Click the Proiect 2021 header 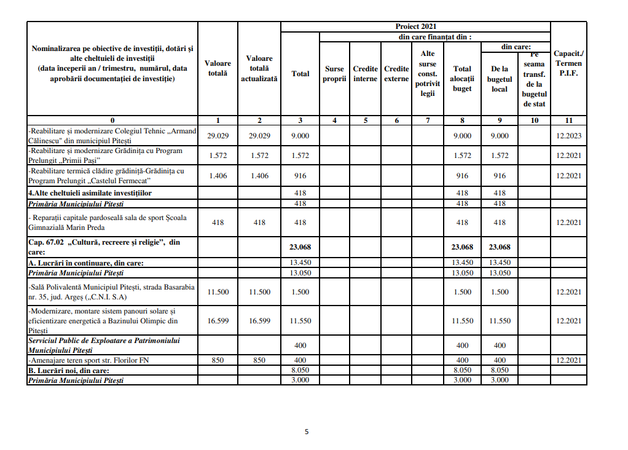pos(415,26)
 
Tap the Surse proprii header pos(334,74)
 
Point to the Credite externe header pos(396,74)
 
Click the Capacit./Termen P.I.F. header pos(568,63)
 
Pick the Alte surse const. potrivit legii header pos(428,74)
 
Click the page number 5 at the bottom pos(307,432)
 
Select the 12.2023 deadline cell pos(568,136)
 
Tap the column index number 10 pos(534,120)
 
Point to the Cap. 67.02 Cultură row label pos(104,247)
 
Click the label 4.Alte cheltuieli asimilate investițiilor pos(90,193)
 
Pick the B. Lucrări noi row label pos(68,371)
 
